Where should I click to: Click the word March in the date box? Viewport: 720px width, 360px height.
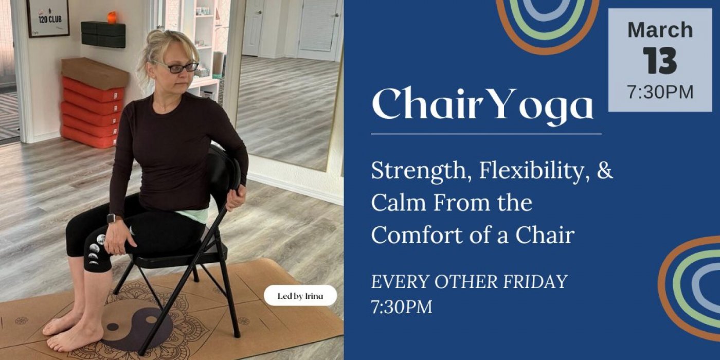point(660,30)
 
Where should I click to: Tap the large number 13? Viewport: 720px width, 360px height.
point(660,61)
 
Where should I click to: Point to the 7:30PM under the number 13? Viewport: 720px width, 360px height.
point(660,92)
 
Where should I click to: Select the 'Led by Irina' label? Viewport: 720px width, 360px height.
point(300,296)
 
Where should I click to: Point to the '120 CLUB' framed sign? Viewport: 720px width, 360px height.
point(48,18)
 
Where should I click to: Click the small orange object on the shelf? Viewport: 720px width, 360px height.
point(112,17)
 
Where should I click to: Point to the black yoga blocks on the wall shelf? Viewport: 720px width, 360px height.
point(103,34)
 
